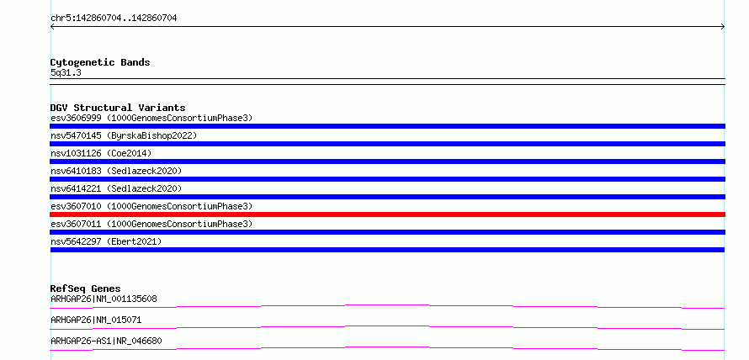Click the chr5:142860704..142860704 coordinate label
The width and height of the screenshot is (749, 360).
(114, 19)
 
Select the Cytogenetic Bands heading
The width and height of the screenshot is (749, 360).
(100, 62)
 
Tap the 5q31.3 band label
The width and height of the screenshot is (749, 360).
(66, 72)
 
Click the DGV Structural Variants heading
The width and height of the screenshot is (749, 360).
(118, 108)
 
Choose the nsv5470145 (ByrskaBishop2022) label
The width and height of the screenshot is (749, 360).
(124, 135)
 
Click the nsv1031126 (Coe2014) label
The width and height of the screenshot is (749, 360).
(101, 153)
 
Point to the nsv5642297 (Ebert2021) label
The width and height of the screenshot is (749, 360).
(106, 241)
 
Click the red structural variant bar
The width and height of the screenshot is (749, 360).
(387, 214)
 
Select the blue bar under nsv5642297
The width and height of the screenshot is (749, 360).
(387, 250)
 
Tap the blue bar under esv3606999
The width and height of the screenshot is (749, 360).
(387, 126)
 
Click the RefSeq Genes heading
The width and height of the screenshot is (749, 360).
(86, 289)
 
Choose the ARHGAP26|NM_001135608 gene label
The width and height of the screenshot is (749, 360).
(104, 299)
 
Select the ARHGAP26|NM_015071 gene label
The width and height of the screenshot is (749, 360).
(96, 320)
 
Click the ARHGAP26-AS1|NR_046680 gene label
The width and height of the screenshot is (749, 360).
(106, 341)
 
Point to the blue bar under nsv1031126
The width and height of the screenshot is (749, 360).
(387, 161)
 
